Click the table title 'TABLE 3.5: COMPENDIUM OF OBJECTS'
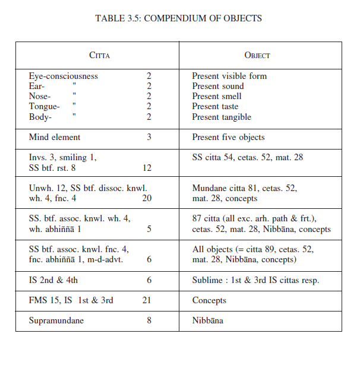(178, 18)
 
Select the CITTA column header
(99, 55)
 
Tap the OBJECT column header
(257, 55)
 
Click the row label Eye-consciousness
(64, 76)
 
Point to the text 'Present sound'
(218, 86)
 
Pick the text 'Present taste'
(217, 107)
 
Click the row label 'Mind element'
(55, 137)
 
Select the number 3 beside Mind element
(149, 137)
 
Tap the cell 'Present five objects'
(228, 137)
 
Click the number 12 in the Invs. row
(147, 168)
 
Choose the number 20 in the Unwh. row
(147, 198)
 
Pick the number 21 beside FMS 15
(147, 300)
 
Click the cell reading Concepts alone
(209, 300)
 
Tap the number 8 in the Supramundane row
(149, 320)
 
